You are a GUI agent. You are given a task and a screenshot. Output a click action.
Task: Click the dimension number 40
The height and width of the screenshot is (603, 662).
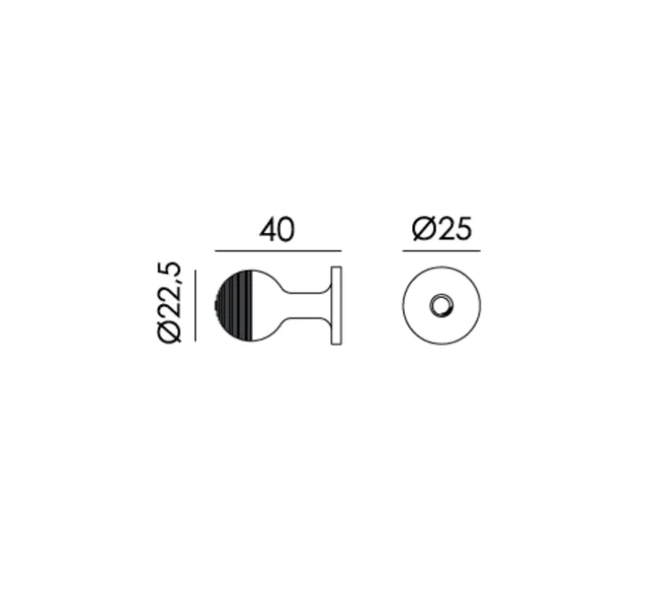coord(277,230)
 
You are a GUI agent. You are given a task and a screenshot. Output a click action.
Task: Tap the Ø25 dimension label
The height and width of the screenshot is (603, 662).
coord(441,229)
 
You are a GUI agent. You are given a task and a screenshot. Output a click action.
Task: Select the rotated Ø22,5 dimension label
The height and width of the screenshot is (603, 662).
coord(170,303)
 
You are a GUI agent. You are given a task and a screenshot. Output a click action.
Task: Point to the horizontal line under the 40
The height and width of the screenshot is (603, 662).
coord(279,251)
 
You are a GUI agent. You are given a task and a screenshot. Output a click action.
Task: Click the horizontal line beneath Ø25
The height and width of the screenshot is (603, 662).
coord(441,251)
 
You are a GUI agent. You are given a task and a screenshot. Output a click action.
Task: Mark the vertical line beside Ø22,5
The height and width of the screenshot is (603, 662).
coord(196,306)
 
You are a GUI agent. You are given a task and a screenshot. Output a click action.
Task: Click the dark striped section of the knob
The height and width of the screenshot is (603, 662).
coord(235,306)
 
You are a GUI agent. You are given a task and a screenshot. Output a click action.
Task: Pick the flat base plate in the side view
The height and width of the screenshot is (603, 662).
coord(336,306)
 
